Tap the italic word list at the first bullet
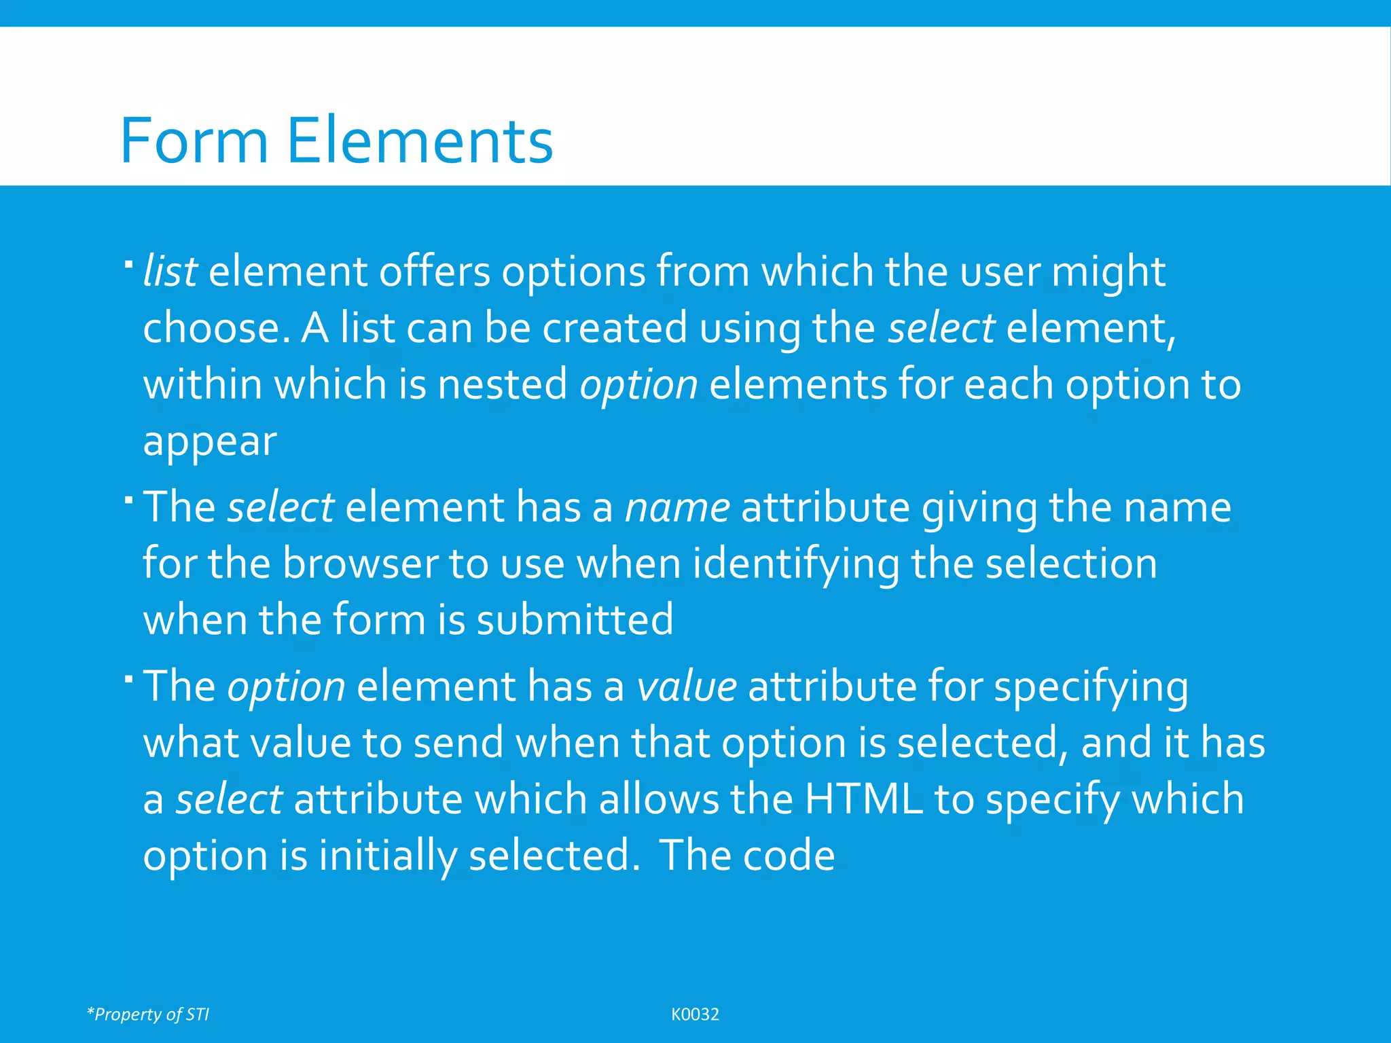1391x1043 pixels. pos(170,271)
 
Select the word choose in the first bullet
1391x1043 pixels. pos(211,328)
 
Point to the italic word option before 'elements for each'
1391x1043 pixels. pos(638,385)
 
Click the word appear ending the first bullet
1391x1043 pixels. pos(210,442)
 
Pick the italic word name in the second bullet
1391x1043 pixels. pos(677,507)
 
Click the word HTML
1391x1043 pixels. pos(863,799)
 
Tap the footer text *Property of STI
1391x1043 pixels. pos(148,1014)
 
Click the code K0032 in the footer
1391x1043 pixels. pos(695,1014)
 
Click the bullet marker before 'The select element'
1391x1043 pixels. pos(128,500)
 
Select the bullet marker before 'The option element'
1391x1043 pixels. pos(128,678)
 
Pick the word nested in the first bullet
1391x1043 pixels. pos(502,385)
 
